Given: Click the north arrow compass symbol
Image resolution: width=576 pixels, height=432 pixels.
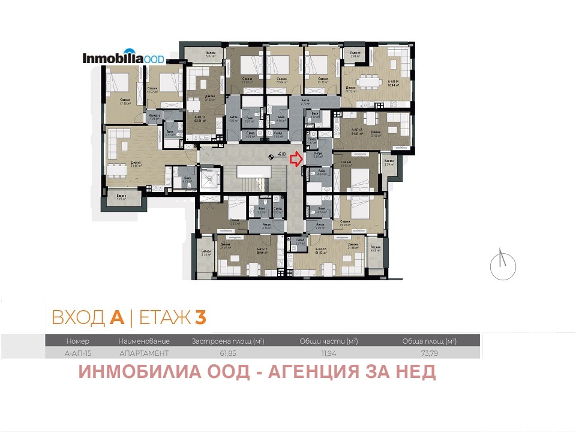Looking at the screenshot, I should coord(503,265).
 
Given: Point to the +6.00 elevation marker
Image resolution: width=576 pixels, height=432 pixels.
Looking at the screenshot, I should coord(277,155).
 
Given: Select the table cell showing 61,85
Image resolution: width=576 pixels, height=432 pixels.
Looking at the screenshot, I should coord(228,353).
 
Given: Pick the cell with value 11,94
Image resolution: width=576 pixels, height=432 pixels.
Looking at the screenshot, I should coord(328,353).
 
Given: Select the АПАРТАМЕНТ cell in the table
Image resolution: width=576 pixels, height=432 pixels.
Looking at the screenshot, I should coord(144,353).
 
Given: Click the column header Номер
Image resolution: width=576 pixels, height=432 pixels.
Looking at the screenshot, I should coord(78,341).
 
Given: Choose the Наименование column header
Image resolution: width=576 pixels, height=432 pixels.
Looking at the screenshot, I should coord(144,341).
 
